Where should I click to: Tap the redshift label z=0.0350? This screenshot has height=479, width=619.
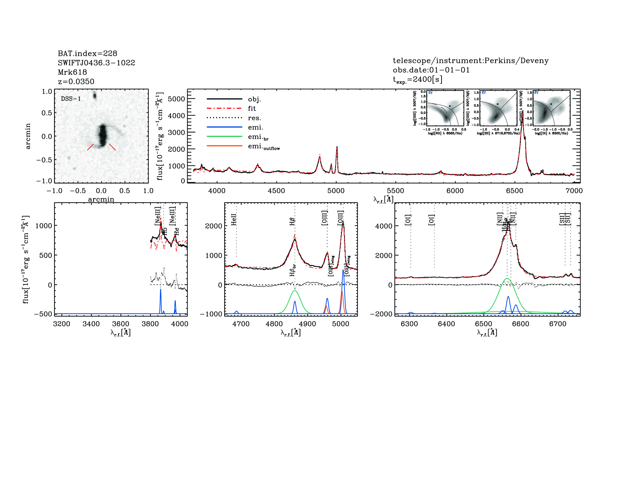76,82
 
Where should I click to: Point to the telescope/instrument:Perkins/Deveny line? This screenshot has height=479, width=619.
470,60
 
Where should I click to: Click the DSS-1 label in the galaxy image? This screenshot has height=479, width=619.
71,99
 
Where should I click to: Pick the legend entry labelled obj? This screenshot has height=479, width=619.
254,99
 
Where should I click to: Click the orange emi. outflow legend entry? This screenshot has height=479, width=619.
264,147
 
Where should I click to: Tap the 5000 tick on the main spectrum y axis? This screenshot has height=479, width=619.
176,99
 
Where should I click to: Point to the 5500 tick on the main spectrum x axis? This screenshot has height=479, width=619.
395,191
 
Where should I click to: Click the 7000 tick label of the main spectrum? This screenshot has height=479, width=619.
574,191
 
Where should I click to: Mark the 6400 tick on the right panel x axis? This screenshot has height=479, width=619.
446,324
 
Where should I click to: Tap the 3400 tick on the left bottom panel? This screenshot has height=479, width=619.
91,324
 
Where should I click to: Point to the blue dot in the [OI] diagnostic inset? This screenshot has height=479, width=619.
551,104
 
